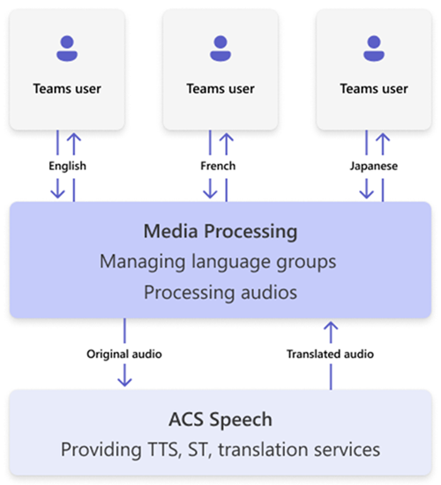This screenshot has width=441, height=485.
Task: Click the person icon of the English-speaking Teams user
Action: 67,48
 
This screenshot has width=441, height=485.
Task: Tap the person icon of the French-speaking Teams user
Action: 220,48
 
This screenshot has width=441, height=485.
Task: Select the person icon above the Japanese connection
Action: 374,48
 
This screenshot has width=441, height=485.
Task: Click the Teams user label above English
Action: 67,88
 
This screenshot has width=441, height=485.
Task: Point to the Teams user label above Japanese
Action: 374,88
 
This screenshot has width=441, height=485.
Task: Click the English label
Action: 67,165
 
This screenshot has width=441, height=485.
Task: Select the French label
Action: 219,165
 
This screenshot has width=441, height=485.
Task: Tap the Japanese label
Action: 374,165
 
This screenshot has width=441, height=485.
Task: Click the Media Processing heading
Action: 220,233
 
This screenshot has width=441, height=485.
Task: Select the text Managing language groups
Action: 220,262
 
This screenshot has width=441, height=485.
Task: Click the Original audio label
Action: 124,354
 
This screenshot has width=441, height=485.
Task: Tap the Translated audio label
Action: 331,354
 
